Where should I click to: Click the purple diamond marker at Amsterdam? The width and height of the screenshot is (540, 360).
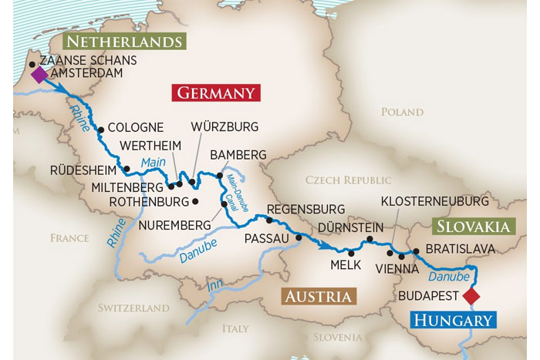pos(39,75)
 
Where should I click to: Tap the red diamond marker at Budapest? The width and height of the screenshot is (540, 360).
pos(470,295)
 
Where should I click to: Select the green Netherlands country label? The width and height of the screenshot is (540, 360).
pos(124,42)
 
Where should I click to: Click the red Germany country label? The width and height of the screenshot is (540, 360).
pos(216,93)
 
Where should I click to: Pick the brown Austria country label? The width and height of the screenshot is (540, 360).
pos(319,297)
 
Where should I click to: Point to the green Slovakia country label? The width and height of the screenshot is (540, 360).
pos(473,226)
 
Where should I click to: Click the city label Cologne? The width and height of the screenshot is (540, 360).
pos(135,127)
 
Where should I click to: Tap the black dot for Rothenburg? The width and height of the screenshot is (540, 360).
pos(195,202)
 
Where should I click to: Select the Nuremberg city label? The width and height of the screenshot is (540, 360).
pos(174,225)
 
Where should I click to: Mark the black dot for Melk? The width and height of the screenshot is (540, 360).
pos(351,253)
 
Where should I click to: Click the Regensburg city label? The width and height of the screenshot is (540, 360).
pos(305,209)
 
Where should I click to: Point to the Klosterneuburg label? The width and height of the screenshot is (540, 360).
pos(434,201)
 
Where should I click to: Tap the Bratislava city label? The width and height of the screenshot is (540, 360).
pos(460,249)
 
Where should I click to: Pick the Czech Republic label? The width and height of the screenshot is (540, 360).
pos(348,180)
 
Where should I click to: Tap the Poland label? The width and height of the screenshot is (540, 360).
pos(402,112)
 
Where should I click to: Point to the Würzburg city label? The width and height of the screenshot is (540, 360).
pos(224,126)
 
